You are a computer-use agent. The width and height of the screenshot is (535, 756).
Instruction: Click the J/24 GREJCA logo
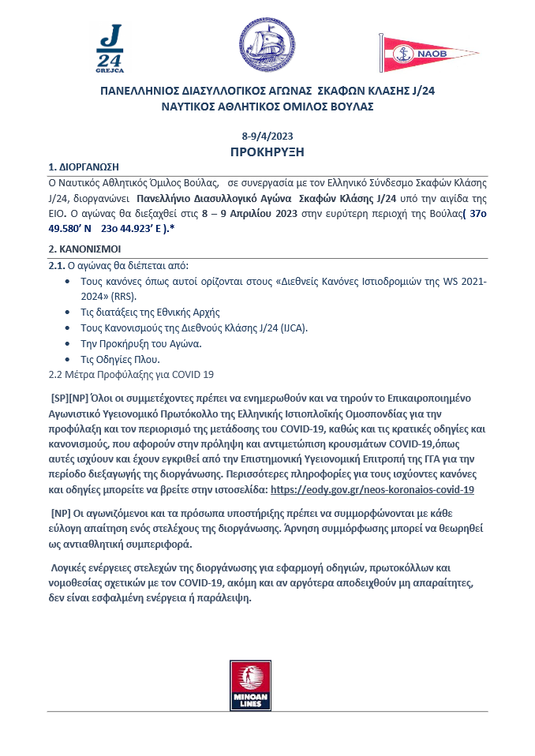[x=109, y=49]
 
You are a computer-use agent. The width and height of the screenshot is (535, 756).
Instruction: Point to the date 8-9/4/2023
[x=267, y=136]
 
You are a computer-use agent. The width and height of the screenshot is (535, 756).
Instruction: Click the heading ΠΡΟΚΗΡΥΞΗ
[x=267, y=152]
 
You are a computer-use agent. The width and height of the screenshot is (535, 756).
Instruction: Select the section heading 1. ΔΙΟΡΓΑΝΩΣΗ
[x=84, y=167]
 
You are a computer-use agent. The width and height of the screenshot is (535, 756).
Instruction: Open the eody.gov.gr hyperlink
[x=372, y=489]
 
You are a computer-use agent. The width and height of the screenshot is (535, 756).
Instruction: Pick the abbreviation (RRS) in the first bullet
[x=124, y=297]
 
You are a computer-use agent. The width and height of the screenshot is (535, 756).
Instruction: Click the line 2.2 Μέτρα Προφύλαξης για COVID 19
[x=131, y=374]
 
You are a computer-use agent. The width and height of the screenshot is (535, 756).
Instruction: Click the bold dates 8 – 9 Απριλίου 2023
[x=248, y=212]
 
